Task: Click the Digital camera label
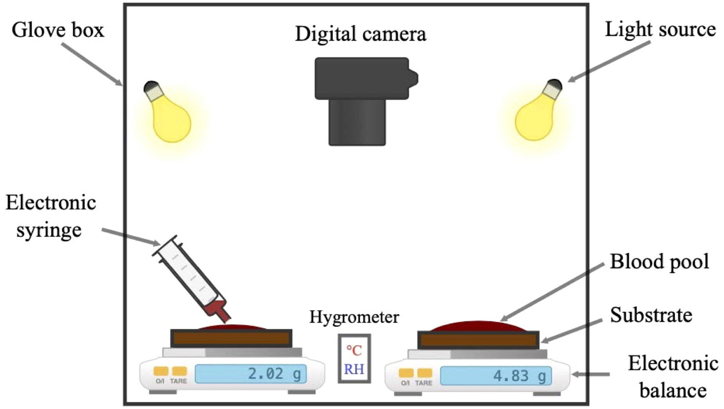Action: [361, 34]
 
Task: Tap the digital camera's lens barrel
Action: [356, 122]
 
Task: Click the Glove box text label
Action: [58, 31]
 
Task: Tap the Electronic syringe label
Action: [51, 216]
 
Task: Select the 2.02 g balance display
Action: [251, 374]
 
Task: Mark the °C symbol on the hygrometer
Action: [355, 350]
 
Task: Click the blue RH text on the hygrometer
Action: [354, 369]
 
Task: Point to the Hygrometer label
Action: [354, 318]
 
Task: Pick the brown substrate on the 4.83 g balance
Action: [478, 340]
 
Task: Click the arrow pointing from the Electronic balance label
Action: [591, 375]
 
